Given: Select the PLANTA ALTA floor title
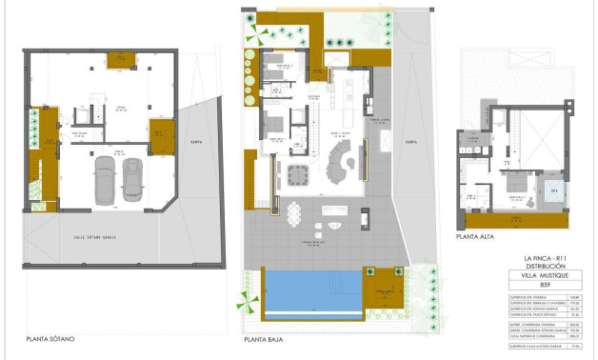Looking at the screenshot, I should coord(474,236).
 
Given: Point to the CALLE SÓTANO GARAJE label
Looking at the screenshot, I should coord(95,236).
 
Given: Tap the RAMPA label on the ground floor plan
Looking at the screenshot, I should coord(410,142).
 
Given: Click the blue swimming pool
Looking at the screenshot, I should coord(310,290).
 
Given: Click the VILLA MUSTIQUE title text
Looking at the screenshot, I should coord(545,275).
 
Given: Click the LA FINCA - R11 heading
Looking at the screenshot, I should coord(545,258).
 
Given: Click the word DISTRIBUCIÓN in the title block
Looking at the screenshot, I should coord(545,266).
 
